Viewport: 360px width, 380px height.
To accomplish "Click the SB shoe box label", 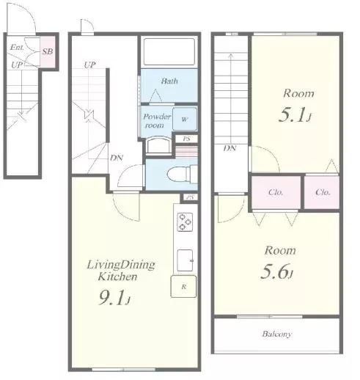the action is coord(48,51).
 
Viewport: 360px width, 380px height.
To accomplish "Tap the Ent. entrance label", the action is coord(17,47).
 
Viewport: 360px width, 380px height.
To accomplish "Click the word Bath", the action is coord(169,81).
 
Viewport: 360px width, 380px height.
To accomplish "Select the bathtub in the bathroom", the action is coord(169,51).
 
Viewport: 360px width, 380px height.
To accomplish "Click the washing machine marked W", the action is coord(185,119).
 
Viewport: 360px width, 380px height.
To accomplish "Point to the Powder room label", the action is coord(157,120).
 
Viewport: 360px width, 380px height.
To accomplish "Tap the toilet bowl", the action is coord(178,175).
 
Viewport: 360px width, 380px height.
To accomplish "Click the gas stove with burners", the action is coord(185,222).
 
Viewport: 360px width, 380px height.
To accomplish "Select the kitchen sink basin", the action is coord(185,260).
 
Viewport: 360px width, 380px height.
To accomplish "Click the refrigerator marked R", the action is coord(183,287).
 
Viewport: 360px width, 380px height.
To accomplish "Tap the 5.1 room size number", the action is coord(295,115).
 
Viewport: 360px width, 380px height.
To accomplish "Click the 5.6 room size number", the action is coord(276,272).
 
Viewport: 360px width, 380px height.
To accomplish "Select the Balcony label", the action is coord(277,334).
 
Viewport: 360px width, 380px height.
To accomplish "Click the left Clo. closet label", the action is coord(276,192).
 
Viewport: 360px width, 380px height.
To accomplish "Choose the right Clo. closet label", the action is coord(323,192).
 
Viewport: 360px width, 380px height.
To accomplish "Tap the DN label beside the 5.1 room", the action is coord(230,148).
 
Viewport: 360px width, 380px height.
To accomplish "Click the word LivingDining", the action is coord(121,265).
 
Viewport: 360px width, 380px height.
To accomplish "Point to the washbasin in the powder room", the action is coord(158,146).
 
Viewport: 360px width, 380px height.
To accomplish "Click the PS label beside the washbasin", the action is coord(186,139).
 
